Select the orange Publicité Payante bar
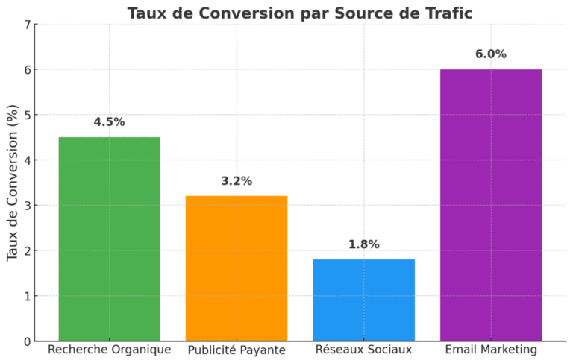tap(237, 268)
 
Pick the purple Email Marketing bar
tap(491, 205)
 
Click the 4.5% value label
tap(109, 122)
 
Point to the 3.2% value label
tap(237, 181)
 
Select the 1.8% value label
tap(363, 244)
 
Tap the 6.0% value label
tap(491, 54)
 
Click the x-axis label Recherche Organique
tap(109, 350)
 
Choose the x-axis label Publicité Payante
tap(237, 350)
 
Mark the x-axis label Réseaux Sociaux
tap(363, 350)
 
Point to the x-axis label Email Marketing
tap(491, 350)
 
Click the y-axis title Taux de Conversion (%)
tap(12, 183)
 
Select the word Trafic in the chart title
tap(448, 13)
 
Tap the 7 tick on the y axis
tap(28, 25)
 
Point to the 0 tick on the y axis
tap(28, 341)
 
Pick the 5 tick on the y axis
tap(28, 115)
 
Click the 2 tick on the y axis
tap(28, 251)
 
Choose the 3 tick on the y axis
tap(28, 206)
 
